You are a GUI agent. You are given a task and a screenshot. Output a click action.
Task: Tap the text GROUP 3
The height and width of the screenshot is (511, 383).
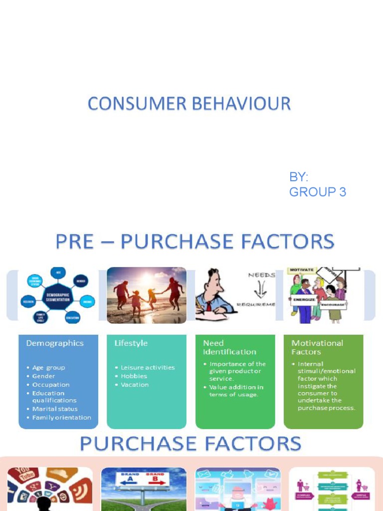tap(317, 192)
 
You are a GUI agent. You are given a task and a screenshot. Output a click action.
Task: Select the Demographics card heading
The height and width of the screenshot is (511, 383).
tap(55, 343)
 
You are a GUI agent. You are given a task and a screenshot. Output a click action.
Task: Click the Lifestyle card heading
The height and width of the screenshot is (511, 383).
tap(131, 343)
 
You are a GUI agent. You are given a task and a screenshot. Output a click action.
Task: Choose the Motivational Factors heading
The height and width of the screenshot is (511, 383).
tap(317, 347)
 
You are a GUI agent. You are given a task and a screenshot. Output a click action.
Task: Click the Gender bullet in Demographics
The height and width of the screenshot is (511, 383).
tap(44, 376)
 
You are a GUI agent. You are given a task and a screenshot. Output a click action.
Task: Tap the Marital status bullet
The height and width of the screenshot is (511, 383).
tap(55, 409)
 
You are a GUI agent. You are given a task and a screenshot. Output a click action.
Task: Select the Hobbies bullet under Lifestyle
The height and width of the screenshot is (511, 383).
tap(134, 376)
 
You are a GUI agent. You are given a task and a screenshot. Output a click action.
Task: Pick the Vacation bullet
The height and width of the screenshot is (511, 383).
tap(135, 385)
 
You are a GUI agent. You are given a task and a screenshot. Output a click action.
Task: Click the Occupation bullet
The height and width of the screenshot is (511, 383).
tap(51, 385)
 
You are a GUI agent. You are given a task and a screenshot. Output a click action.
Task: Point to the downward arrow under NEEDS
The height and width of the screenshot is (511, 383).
tap(260, 288)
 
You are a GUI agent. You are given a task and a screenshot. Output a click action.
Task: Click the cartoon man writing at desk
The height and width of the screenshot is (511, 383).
tap(213, 294)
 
